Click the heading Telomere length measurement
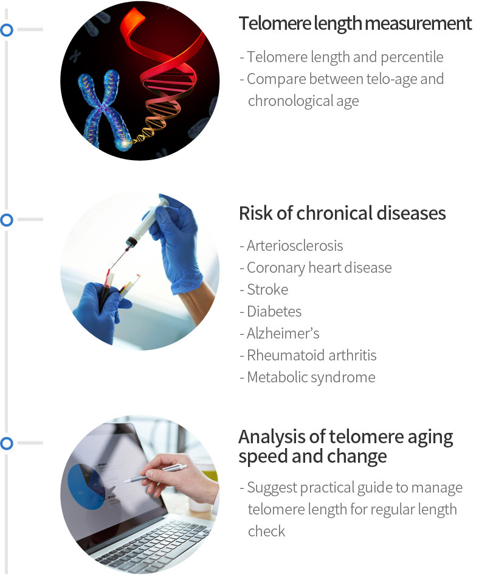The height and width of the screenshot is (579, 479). coord(355,24)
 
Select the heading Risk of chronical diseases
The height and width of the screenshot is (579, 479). coord(342,214)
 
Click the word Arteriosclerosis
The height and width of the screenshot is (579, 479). coord(295,245)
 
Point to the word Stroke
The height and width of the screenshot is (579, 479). coord(267,290)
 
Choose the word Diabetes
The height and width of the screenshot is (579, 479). coord(274,311)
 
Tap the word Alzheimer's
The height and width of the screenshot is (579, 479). coord(283,333)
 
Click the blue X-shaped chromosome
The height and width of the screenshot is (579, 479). coord(103,110)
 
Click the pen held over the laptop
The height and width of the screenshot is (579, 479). coord(155,474)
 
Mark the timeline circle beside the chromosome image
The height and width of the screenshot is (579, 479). coord(7,30)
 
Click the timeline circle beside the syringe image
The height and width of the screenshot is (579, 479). coord(7,220)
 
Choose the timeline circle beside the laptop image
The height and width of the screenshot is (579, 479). coord(7,443)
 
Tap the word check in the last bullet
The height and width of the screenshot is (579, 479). coord(267,532)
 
